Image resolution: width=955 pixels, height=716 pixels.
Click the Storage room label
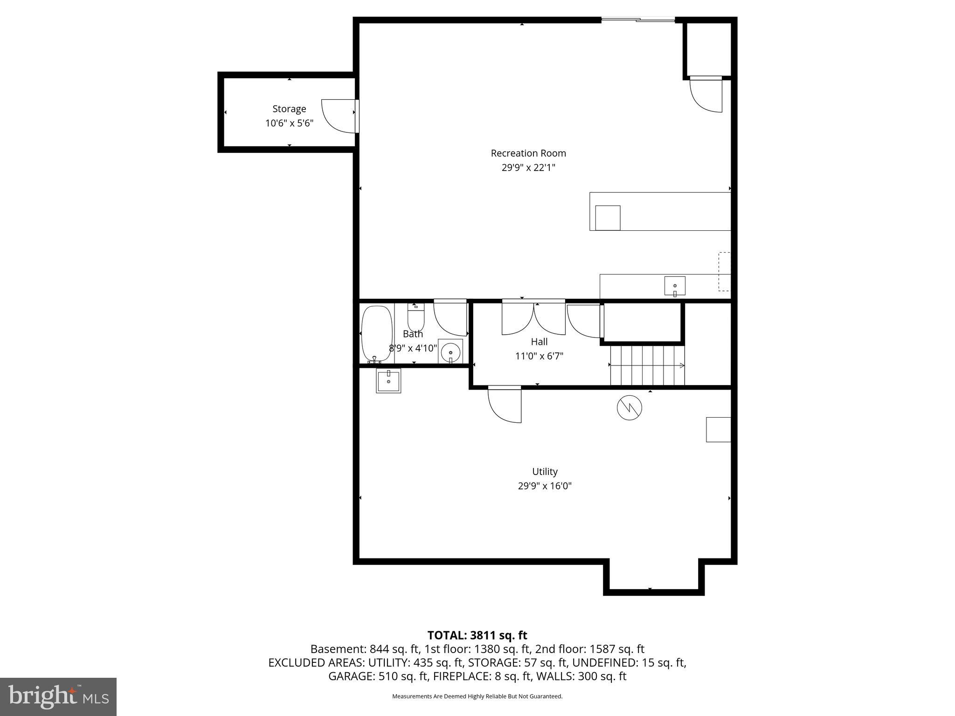click(x=289, y=109)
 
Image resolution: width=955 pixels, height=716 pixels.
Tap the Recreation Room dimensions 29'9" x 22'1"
click(x=528, y=167)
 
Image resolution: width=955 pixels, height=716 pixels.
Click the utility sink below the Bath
click(x=388, y=380)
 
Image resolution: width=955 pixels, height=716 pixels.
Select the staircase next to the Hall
click(x=647, y=365)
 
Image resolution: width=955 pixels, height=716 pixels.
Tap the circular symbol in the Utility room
click(x=629, y=408)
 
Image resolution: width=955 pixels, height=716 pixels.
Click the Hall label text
click(x=539, y=342)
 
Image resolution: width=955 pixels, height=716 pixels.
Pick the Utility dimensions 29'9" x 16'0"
click(x=545, y=486)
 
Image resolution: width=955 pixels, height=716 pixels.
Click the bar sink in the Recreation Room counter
click(x=675, y=286)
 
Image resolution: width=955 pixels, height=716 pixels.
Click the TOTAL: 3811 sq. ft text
click(x=477, y=635)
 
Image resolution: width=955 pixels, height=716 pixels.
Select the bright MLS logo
click(x=58, y=696)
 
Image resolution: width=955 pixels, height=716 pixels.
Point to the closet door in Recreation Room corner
click(x=706, y=95)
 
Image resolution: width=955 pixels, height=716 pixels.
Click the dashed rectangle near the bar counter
click(x=724, y=272)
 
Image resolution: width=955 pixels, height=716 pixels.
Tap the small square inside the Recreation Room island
click(x=608, y=218)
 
